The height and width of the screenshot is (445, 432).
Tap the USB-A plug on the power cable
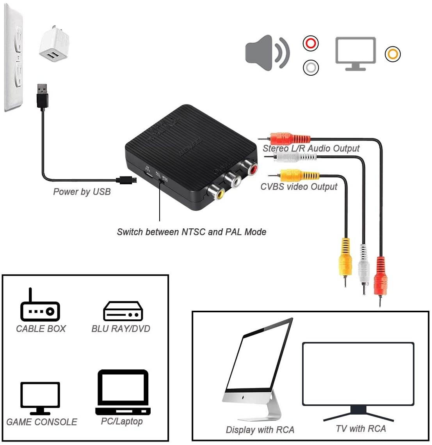(42, 95)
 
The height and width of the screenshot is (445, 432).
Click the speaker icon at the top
(267, 53)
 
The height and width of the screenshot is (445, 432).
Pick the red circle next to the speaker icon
(311, 43)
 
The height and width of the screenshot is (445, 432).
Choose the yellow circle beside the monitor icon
(393, 54)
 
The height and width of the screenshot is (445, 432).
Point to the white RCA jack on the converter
(233, 180)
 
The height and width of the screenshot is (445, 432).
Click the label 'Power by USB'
(82, 192)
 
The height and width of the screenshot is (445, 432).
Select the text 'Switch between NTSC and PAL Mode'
(192, 232)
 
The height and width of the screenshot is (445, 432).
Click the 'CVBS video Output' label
(299, 187)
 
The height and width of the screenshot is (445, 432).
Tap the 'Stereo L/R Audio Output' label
(311, 148)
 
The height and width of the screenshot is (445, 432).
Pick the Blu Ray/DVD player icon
(123, 311)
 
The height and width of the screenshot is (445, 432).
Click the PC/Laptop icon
(123, 393)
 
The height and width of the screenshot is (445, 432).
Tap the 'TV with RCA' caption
(361, 429)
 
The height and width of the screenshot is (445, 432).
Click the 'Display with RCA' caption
(260, 430)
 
